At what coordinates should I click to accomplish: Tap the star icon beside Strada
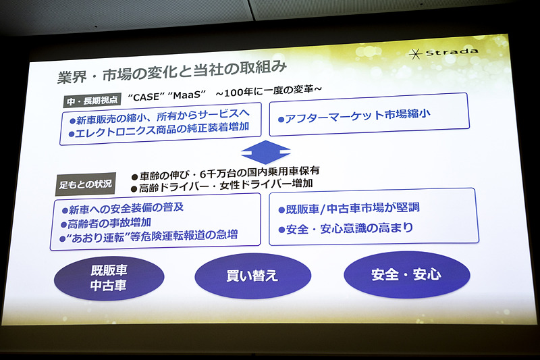click(418, 53)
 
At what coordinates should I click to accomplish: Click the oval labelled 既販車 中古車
click(109, 276)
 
